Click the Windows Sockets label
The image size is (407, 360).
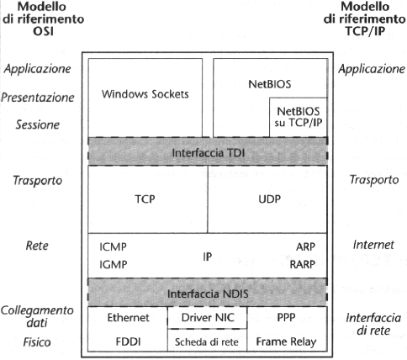(145, 94)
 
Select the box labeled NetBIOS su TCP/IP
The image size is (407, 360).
(299, 118)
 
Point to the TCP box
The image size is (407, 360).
(148, 199)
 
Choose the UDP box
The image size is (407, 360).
(267, 199)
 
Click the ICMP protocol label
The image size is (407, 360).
(113, 246)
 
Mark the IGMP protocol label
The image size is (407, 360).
(114, 264)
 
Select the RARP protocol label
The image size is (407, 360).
(303, 264)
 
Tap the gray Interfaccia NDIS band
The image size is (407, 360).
(208, 293)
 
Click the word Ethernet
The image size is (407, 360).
(129, 318)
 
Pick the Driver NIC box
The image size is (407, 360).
(208, 318)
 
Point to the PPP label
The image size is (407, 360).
(286, 318)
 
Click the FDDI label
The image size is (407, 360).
(128, 341)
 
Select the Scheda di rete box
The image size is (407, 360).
(208, 340)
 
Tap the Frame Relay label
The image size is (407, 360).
(286, 341)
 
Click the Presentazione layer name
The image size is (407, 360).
(38, 98)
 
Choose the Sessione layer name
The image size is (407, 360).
(38, 124)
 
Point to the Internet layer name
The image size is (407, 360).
(373, 245)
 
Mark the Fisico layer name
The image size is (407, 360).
(37, 342)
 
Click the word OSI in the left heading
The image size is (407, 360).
(44, 31)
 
